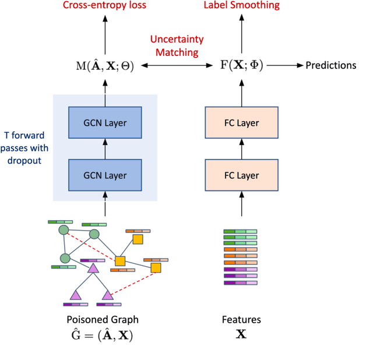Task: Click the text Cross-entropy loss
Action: (105, 6)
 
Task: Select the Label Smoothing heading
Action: (241, 6)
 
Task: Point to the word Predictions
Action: (330, 65)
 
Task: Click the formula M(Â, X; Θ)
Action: (105, 66)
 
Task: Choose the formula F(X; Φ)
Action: (241, 66)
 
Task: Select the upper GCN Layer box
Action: (105, 123)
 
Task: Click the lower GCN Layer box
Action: (105, 175)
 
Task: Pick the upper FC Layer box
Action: (241, 123)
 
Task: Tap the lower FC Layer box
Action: (241, 175)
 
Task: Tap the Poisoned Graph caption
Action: (105, 320)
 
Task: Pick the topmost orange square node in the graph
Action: (138, 239)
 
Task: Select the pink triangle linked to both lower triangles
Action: (92, 268)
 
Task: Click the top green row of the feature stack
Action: (241, 232)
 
